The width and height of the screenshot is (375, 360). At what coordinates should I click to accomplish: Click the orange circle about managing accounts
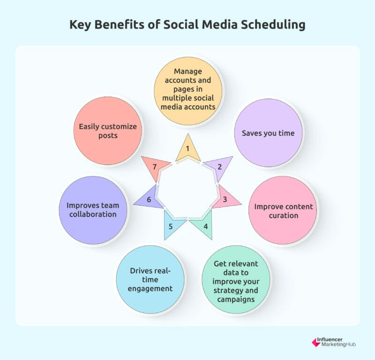pos(188,91)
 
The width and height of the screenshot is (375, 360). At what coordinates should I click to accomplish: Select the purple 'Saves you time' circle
pos(268,133)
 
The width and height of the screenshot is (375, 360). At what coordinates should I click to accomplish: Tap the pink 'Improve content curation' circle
pos(283,211)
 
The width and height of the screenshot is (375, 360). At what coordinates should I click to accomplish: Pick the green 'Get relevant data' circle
pos(236,280)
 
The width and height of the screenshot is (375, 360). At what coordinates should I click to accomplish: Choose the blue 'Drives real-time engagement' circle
pos(150,280)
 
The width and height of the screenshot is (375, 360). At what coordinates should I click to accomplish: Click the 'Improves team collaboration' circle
pos(93,210)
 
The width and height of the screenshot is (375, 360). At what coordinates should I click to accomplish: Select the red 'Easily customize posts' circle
pos(108,131)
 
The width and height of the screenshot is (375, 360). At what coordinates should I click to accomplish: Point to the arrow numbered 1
pos(188,150)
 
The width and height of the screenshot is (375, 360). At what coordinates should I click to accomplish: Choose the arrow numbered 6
pos(150,199)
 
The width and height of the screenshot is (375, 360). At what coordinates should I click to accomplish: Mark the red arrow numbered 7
pos(156,167)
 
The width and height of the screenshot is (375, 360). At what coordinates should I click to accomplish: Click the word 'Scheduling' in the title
pos(273,25)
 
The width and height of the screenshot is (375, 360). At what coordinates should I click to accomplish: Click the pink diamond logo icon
pos(316,343)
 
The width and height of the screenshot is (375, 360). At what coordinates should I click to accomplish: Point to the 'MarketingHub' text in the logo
pos(338,345)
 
